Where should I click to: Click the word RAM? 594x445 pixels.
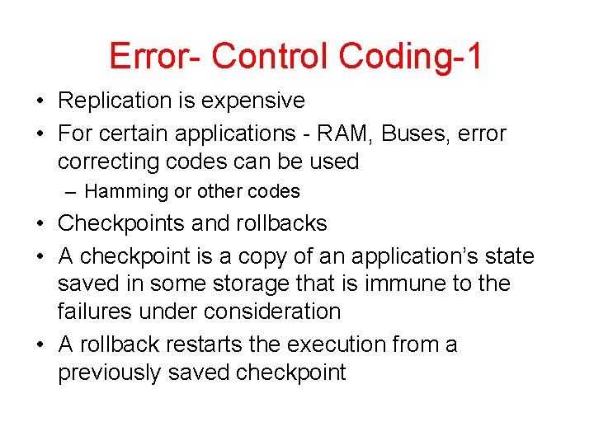tap(333, 133)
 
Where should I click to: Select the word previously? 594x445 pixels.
tap(110, 372)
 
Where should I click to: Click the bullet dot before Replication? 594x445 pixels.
tap(40, 101)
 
